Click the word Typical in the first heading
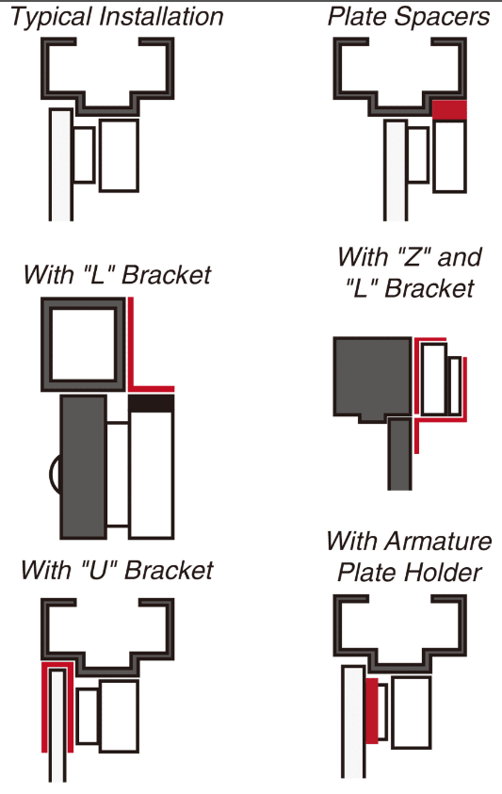click(x=52, y=17)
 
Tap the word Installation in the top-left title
click(x=162, y=16)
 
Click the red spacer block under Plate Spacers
click(x=449, y=110)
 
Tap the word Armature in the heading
click(x=438, y=541)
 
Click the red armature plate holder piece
click(x=371, y=710)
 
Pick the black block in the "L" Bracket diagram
click(x=152, y=403)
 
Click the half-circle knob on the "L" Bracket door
click(x=55, y=474)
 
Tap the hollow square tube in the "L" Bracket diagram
click(x=83, y=345)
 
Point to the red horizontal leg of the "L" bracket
click(x=152, y=389)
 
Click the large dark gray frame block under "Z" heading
click(x=372, y=379)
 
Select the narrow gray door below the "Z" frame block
click(x=399, y=454)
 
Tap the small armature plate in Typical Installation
click(x=84, y=154)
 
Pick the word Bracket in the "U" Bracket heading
click(x=170, y=570)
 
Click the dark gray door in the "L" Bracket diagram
click(x=84, y=467)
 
